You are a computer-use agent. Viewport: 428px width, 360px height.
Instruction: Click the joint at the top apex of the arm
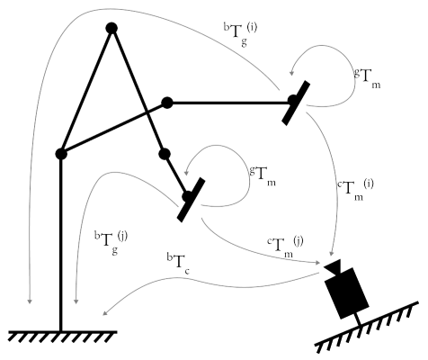(x=111, y=28)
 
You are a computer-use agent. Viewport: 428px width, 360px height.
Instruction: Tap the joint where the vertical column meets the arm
(x=61, y=154)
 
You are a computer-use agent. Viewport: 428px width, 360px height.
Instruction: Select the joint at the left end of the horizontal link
(x=167, y=103)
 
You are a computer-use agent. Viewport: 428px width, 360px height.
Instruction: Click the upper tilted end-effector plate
(x=296, y=103)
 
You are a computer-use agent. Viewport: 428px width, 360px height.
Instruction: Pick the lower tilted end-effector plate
(x=191, y=200)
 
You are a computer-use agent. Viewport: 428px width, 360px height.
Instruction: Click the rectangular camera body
(x=347, y=293)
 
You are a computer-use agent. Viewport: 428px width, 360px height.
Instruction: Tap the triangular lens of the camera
(x=333, y=267)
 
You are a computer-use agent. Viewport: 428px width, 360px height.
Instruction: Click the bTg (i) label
(x=240, y=34)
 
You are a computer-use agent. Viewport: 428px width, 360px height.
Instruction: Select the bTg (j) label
(x=111, y=243)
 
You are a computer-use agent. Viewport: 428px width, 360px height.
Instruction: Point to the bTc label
(x=178, y=264)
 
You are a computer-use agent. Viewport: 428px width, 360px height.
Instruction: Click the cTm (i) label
(x=356, y=190)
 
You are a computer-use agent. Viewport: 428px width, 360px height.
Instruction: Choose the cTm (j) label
(x=285, y=247)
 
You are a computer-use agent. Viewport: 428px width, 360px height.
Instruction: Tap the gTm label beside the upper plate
(x=368, y=78)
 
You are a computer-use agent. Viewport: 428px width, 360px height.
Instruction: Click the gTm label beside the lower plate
(x=263, y=176)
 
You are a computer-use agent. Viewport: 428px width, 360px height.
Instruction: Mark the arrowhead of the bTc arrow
(x=104, y=312)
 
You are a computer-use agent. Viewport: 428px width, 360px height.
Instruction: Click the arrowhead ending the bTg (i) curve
(x=30, y=301)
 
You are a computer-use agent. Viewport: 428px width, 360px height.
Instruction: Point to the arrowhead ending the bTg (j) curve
(x=76, y=301)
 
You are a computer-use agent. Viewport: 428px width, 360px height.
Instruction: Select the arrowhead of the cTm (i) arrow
(x=331, y=253)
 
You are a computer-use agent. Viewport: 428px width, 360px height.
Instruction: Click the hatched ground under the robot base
(x=62, y=337)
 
